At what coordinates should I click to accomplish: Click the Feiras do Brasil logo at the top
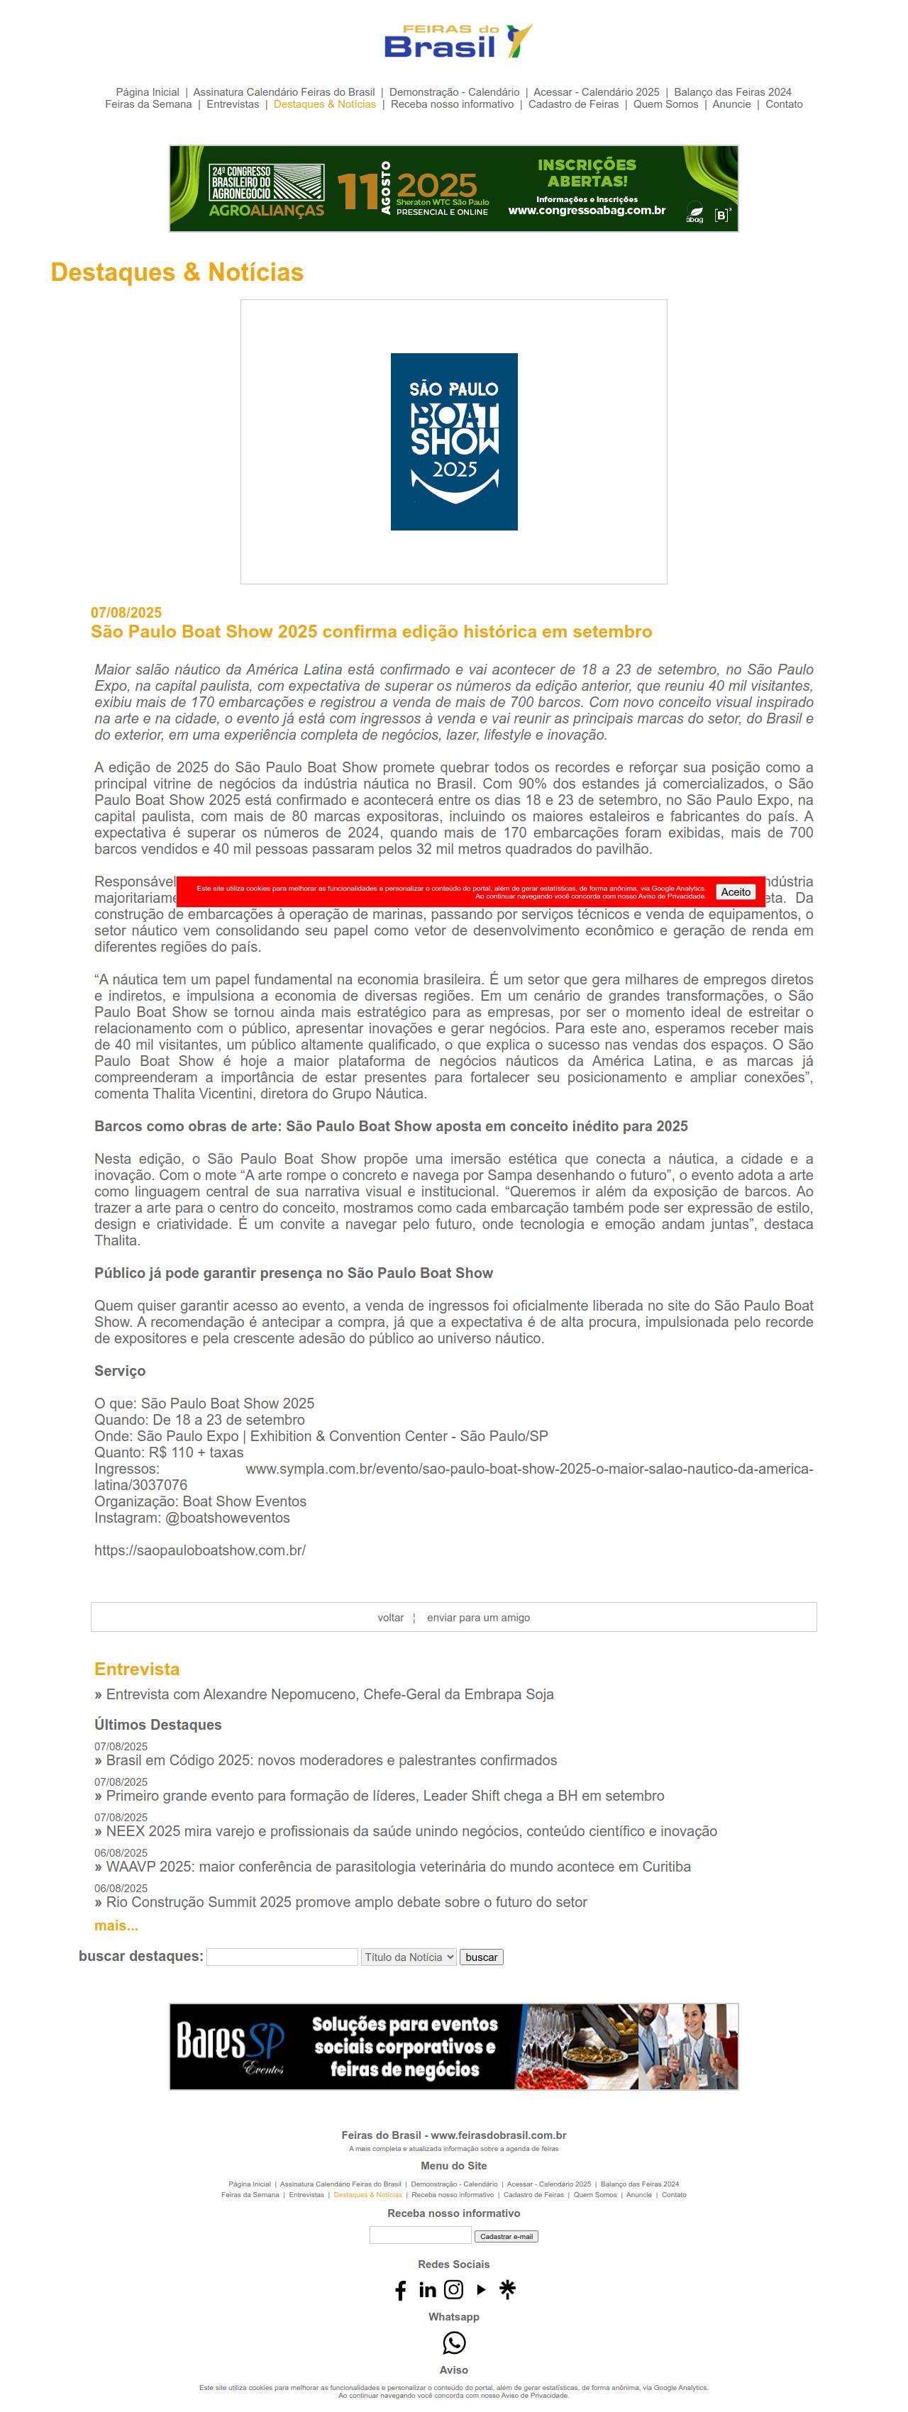tap(457, 42)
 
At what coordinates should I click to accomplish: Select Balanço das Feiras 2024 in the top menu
tap(732, 91)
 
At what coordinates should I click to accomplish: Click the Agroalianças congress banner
tap(453, 188)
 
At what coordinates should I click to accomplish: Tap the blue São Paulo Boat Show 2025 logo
tap(454, 441)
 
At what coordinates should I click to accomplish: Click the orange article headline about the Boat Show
tap(371, 631)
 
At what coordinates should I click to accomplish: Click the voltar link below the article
tap(390, 1617)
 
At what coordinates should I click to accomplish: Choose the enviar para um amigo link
tap(477, 1617)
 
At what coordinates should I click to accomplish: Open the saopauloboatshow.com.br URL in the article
tap(199, 1550)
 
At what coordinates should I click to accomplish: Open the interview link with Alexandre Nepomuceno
tap(329, 1694)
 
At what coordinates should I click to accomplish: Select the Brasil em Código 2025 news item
tap(331, 1760)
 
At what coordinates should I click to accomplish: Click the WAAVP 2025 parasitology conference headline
tap(398, 1866)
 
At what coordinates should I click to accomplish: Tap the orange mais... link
tap(116, 1925)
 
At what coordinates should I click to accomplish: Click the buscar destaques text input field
tap(282, 1956)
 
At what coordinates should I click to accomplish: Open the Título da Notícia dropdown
tap(409, 1956)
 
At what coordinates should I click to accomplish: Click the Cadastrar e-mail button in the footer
tap(506, 2236)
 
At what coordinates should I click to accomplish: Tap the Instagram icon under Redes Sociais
tap(454, 2289)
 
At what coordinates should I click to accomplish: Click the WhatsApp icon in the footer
tap(454, 2342)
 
